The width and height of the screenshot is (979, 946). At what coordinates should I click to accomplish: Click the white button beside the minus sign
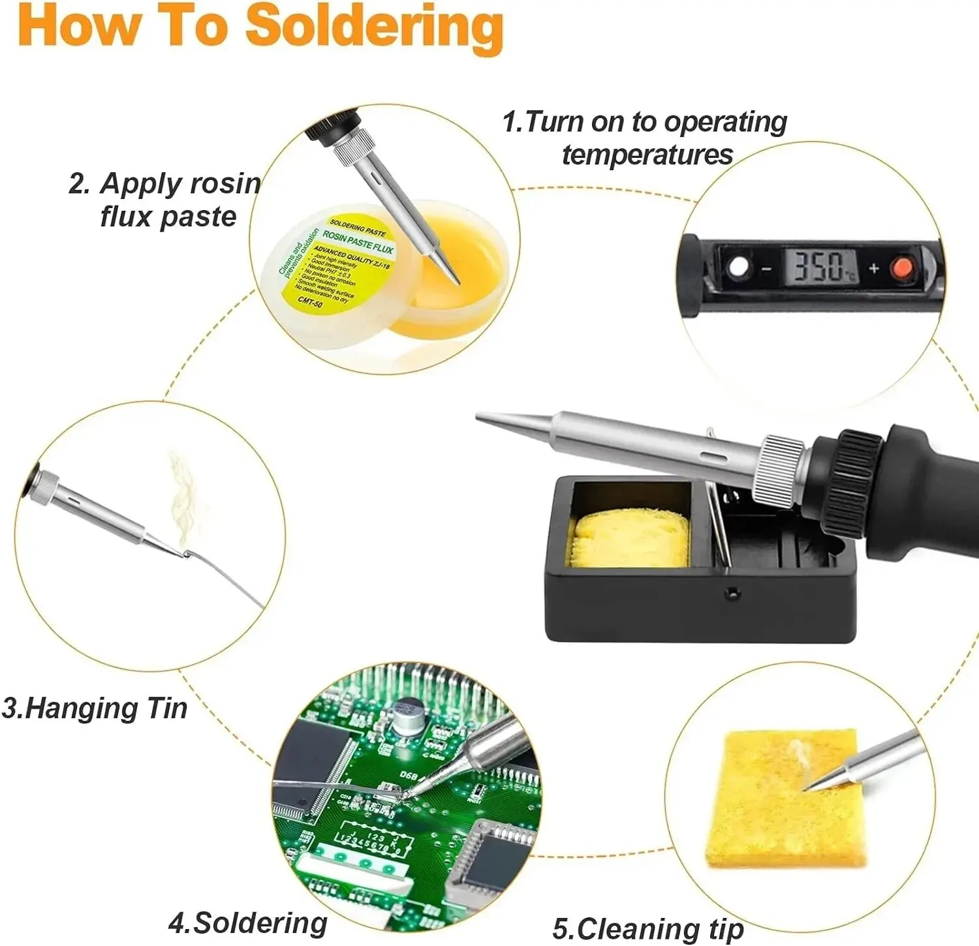coord(739,267)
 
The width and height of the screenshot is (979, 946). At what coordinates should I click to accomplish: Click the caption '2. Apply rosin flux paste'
coord(166,200)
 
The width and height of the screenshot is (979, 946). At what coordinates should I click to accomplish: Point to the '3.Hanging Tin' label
coord(95,708)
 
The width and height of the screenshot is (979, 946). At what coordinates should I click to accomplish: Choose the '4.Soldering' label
coord(248,923)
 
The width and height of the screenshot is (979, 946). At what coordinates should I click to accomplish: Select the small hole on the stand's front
coord(733,593)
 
